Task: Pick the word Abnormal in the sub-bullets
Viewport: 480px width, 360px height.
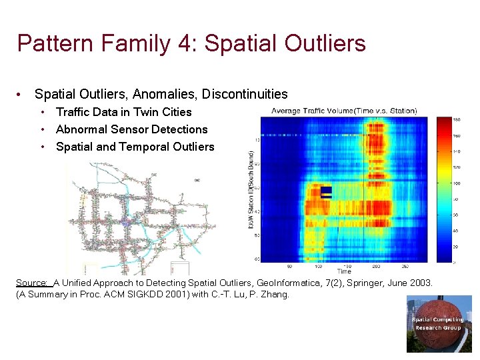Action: click(81, 129)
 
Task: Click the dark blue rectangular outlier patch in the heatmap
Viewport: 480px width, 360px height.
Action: click(326, 193)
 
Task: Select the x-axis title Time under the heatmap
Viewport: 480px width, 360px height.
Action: click(344, 271)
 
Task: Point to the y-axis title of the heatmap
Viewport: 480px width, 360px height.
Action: click(251, 190)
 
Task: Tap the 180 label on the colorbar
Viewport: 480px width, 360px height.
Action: click(457, 119)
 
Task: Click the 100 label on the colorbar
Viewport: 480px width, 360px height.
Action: click(457, 183)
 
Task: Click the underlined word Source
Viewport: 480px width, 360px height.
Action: click(32, 283)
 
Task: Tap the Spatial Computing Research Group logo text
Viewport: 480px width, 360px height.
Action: click(437, 324)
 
